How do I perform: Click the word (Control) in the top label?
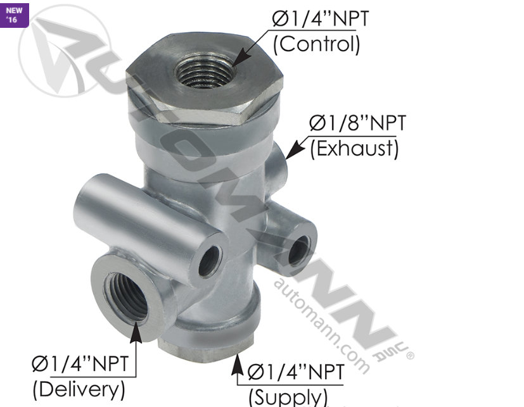316,44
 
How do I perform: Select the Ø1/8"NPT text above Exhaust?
356,123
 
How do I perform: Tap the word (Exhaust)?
354,149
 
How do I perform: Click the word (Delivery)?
79,387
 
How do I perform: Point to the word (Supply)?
288,397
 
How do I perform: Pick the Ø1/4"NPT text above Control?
320,19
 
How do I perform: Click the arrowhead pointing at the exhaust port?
290,152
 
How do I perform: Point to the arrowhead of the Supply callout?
238,363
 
